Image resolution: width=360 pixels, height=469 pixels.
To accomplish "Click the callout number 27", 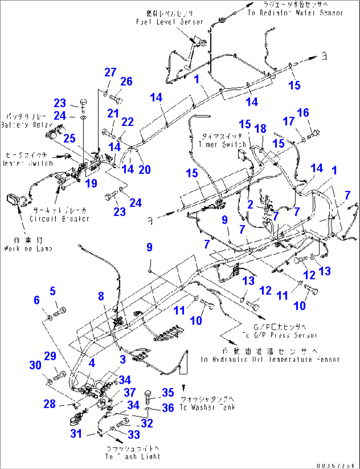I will click(110, 72).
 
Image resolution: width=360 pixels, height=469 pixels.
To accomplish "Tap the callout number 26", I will click(126, 82).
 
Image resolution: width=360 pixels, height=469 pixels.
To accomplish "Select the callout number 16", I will click(303, 113).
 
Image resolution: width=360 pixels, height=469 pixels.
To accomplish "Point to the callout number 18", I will click(260, 129).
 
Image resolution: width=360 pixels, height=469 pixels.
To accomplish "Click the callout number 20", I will click(145, 170).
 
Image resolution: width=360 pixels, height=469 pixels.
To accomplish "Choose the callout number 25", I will click(69, 138).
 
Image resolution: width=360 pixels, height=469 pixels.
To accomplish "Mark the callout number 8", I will click(101, 296).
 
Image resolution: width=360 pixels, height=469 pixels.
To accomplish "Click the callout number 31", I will click(76, 434).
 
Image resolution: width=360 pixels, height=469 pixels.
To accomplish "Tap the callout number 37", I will click(129, 392).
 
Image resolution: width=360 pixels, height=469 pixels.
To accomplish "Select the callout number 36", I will click(168, 408).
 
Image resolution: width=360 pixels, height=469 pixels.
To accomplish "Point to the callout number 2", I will click(250, 204).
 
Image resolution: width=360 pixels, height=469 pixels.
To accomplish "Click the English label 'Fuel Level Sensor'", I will click(169, 22).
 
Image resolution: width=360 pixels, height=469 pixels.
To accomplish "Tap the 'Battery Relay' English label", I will click(27, 125).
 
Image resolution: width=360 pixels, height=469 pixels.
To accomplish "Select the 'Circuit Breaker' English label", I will click(59, 219).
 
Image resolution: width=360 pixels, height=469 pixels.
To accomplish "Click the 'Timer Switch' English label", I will click(222, 144).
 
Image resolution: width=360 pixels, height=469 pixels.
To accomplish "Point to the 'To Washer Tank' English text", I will click(207, 408).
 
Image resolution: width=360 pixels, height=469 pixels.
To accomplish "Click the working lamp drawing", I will click(14, 200).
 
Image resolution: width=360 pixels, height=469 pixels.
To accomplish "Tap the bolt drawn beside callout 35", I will click(148, 395).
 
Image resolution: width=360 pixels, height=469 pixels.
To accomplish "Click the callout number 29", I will click(50, 356).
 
